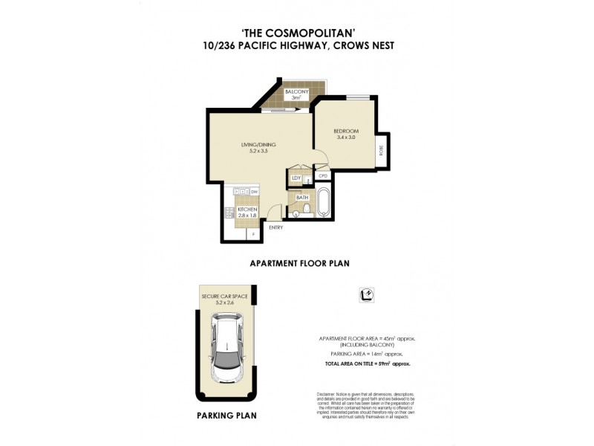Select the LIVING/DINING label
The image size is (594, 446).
pos(253,144)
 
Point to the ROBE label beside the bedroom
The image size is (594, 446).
pos(382,149)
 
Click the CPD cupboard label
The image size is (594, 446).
pos(323,175)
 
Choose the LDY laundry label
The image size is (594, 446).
pos(296,178)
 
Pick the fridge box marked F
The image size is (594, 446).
pos(254,235)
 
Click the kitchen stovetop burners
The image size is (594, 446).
pos(230,213)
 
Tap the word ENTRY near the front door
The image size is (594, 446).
pos(275,227)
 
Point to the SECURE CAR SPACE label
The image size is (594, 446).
pos(225,296)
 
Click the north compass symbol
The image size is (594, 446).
pos(366,294)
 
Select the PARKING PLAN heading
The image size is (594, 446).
pos(226,416)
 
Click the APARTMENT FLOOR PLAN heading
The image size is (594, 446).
pos(299,262)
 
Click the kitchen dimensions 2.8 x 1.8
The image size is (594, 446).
pos(248,216)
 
